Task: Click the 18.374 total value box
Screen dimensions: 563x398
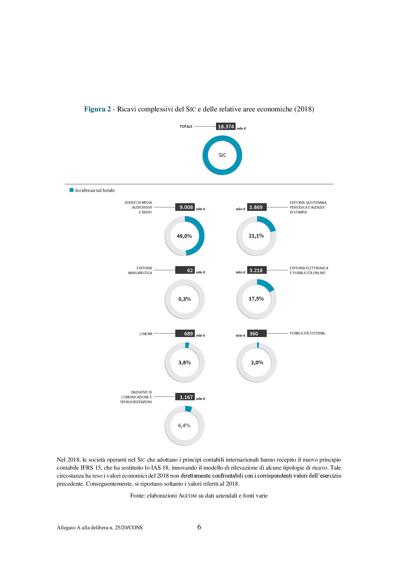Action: coord(226,126)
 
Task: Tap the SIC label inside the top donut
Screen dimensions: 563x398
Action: coord(222,155)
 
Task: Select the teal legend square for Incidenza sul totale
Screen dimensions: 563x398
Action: coord(72,190)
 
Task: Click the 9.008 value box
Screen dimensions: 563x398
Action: coord(186,207)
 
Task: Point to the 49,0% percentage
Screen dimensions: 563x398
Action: coord(184,236)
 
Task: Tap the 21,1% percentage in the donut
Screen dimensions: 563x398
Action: coord(256,236)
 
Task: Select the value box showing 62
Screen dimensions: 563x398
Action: coord(186,270)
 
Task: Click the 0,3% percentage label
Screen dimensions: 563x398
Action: coord(185,299)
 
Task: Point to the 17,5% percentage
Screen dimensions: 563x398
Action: coord(256,299)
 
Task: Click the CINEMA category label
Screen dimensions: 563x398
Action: coord(146,334)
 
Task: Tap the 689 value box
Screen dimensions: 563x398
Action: coord(186,333)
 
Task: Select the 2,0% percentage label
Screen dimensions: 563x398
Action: coord(257,362)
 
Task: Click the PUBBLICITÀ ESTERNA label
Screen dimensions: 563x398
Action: coord(307,333)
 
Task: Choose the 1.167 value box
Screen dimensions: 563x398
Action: coord(186,397)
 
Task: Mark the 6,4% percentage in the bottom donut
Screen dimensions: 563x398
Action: coord(184,425)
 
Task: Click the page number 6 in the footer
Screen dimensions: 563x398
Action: coord(199,527)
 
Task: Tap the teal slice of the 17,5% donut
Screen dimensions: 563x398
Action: coord(266,284)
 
